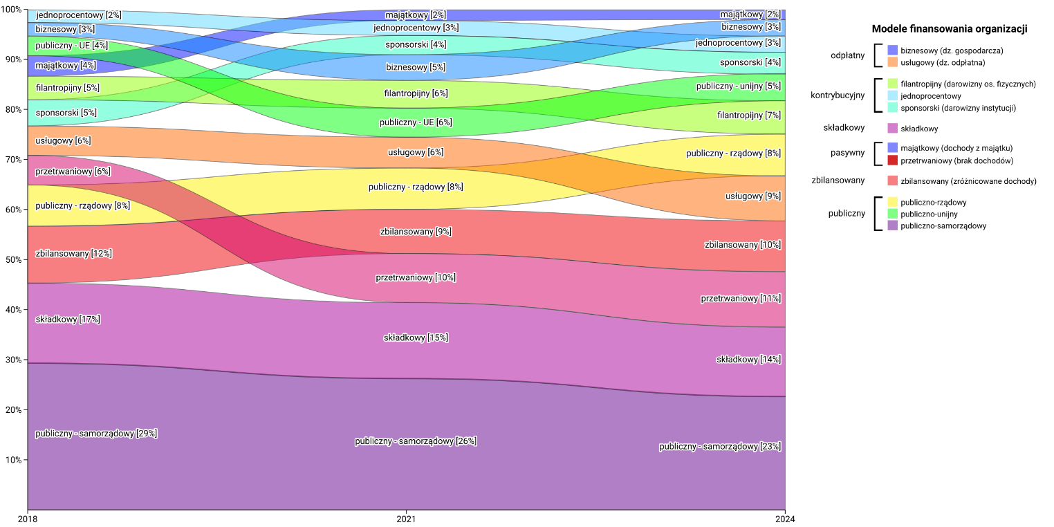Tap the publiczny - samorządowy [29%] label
[x=96, y=434]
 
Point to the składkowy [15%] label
[x=416, y=338]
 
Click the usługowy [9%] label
[x=752, y=196]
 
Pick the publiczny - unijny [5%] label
[x=738, y=86]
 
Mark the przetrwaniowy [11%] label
[x=741, y=299]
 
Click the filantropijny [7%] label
[x=748, y=115]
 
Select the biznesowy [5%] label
[x=416, y=67]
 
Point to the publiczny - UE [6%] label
[x=416, y=122]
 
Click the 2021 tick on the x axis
[x=406, y=518]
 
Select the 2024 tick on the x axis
[x=785, y=518]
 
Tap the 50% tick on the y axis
[x=12, y=259]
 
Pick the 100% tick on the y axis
[x=11, y=10]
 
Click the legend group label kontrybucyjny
[x=838, y=95]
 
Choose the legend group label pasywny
[x=847, y=153]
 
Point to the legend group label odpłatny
[x=847, y=56]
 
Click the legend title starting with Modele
[x=897, y=28]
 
